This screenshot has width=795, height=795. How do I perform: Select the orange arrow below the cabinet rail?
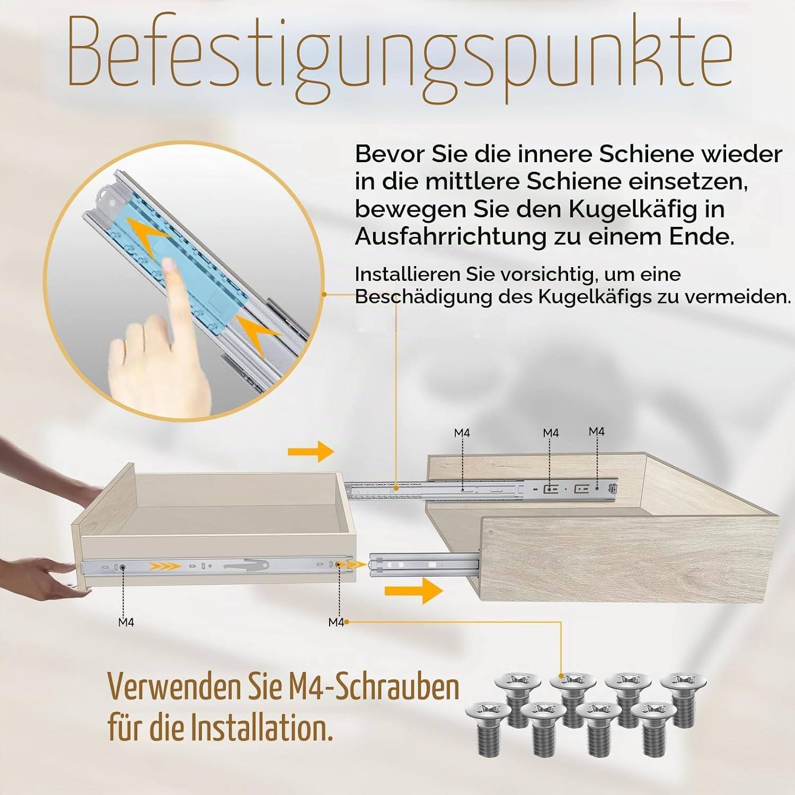(413, 590)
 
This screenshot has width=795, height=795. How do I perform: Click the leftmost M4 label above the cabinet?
(462, 434)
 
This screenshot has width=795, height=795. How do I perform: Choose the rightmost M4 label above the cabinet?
(597, 432)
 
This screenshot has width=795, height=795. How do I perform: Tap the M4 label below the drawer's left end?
(126, 622)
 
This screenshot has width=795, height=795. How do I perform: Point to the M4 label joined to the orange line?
(337, 622)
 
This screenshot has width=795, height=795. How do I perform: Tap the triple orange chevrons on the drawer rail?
(164, 567)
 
